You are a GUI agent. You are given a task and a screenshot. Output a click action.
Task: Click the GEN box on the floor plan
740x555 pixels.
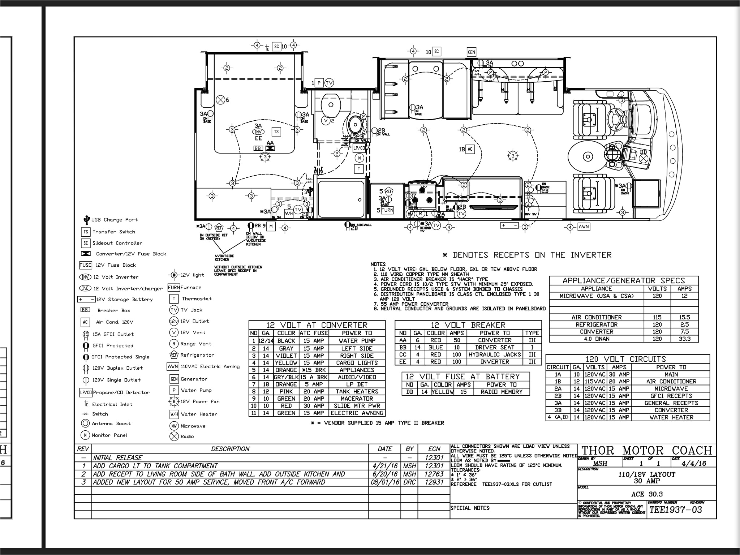pos(471,52)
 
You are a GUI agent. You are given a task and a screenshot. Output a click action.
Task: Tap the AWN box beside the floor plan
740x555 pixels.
pos(584,227)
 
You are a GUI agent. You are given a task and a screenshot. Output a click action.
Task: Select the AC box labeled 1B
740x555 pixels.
pos(470,149)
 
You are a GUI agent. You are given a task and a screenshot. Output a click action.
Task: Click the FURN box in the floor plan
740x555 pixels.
pos(387,210)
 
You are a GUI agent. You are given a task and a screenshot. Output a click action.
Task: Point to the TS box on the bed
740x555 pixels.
pos(276,132)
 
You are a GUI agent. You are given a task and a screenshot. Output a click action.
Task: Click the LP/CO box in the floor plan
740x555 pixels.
pos(359,148)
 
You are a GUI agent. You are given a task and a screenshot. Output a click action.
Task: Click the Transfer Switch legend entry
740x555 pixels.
pos(113,232)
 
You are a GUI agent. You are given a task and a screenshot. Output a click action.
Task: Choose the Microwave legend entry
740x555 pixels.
pos(193,426)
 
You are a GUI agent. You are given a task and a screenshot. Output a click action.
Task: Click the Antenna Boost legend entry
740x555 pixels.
pos(111,423)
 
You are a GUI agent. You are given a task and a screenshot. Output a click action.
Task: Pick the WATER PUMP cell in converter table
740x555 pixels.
pos(357,341)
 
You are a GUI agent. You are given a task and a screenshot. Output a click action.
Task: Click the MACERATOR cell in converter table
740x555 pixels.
pos(357,399)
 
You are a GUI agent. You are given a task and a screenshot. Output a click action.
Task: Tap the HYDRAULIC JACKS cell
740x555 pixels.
pos(494,354)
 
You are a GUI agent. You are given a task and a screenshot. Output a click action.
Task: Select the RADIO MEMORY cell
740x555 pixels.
pos(502,392)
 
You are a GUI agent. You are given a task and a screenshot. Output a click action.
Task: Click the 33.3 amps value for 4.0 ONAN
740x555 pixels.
pos(684,339)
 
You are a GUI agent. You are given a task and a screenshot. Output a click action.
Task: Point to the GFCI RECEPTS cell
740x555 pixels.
pos(671,396)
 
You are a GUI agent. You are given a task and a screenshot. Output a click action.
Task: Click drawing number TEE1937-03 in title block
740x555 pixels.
pos(675,510)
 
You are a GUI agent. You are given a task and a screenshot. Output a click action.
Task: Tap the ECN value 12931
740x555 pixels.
pos(434,482)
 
